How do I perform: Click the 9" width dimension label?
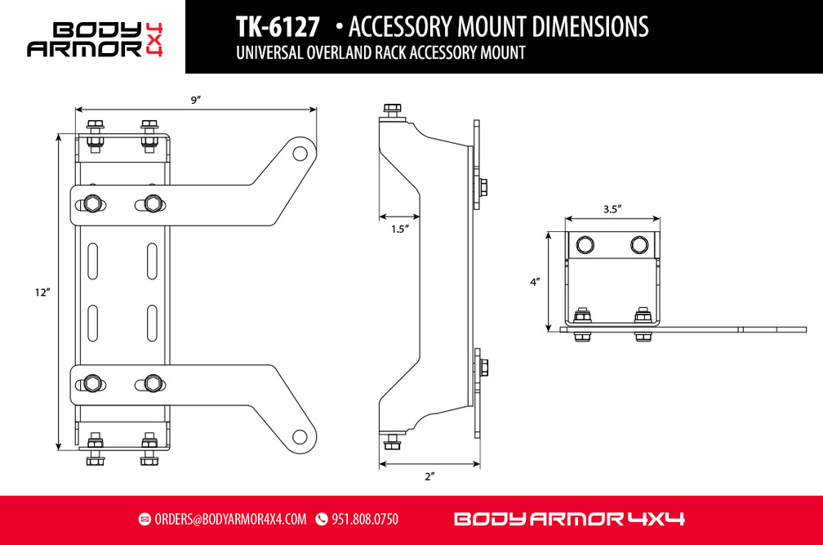click(196, 100)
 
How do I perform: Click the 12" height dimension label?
click(42, 293)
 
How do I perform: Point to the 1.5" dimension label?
click(399, 230)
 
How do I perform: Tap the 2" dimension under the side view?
click(429, 476)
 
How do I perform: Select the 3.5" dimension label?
click(613, 209)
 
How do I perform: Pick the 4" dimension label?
click(535, 282)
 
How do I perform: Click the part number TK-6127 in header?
click(278, 27)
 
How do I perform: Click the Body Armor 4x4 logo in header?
click(95, 38)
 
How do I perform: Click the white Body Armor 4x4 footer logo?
click(568, 519)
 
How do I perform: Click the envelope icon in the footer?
click(145, 519)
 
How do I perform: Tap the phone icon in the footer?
click(321, 519)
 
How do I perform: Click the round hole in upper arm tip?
click(300, 153)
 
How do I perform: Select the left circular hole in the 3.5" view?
click(585, 244)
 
